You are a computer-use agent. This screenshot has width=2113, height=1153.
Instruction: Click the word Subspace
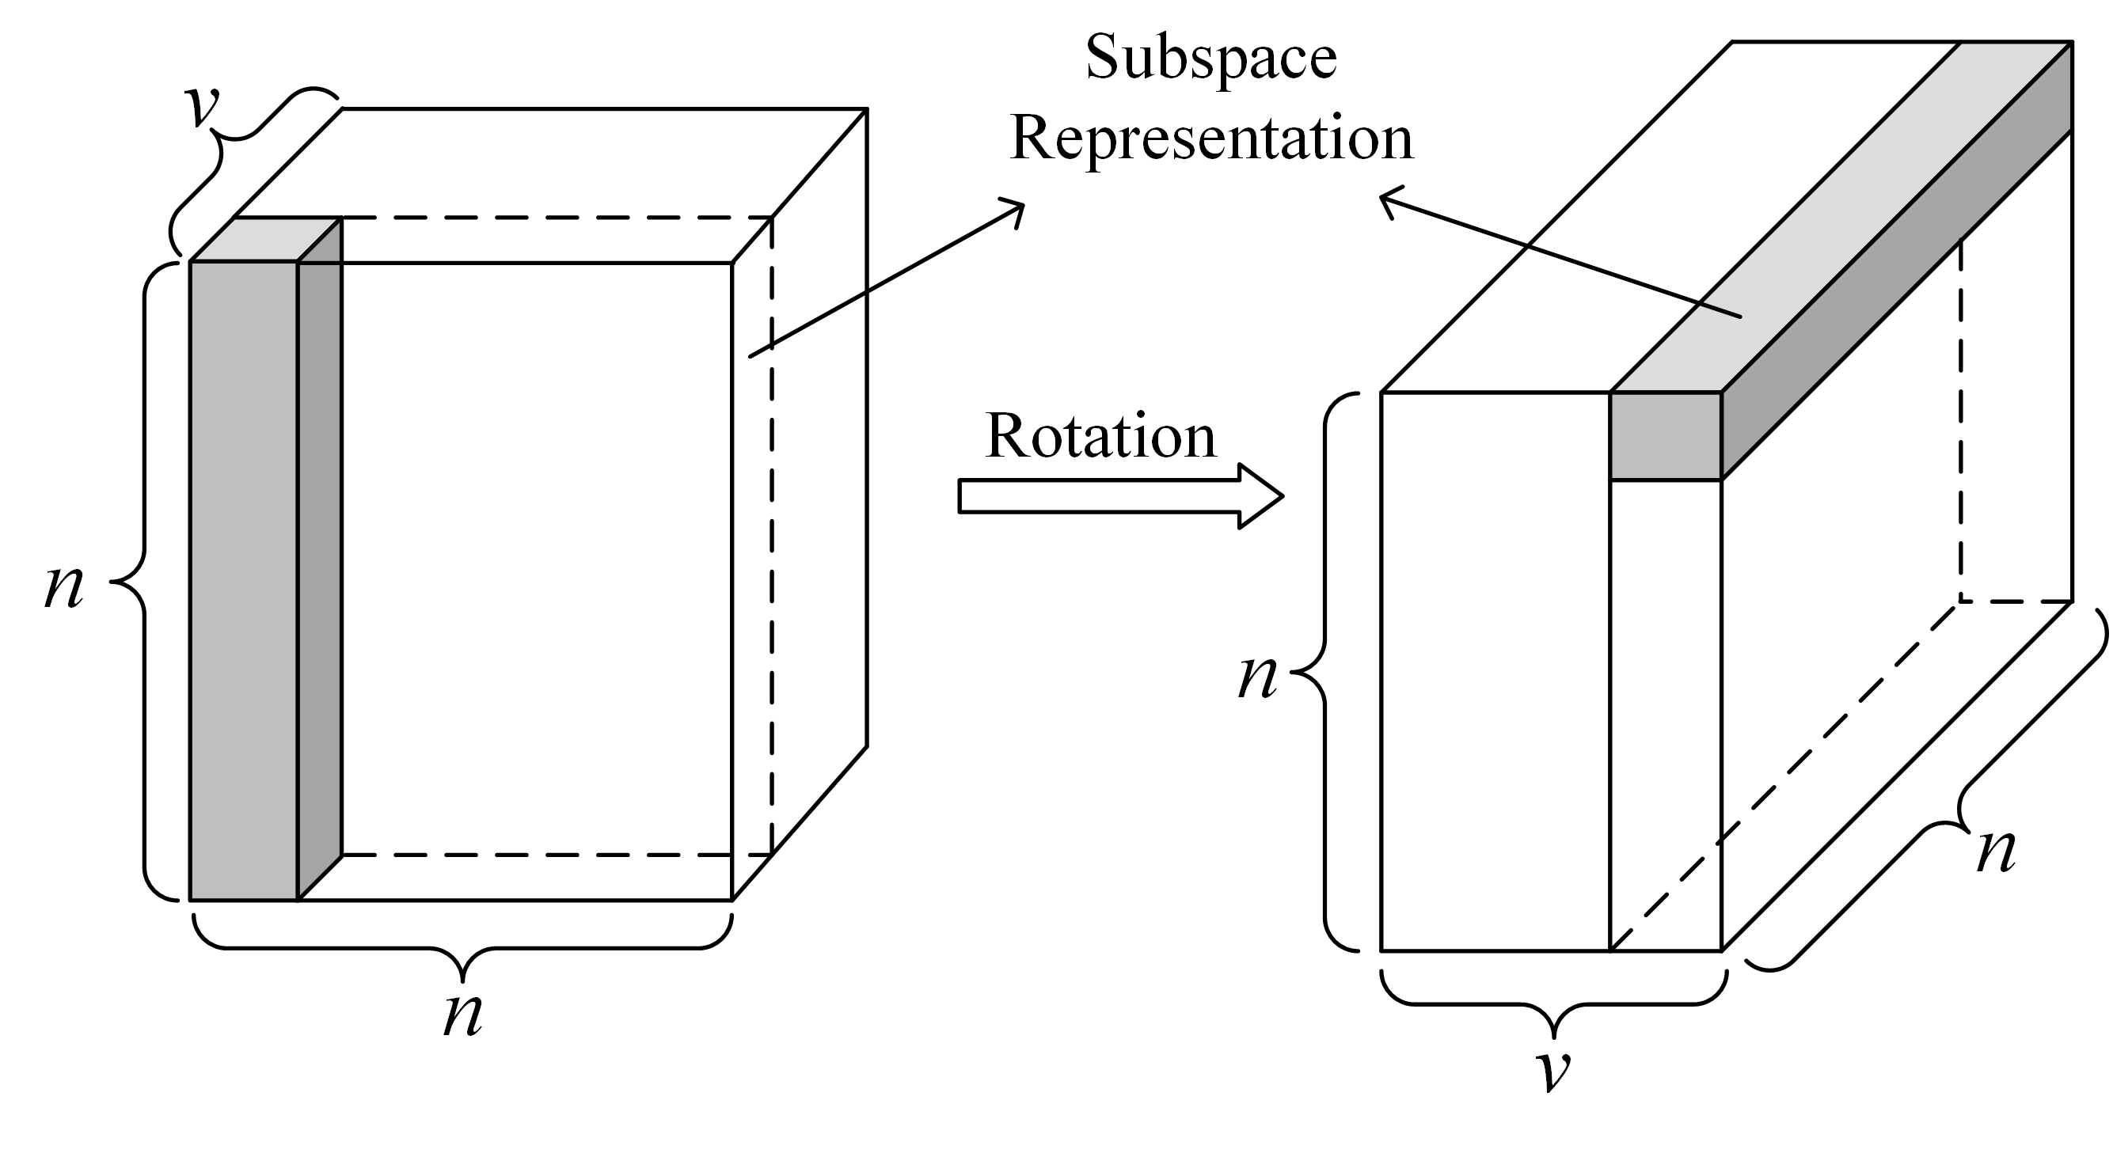(1210, 59)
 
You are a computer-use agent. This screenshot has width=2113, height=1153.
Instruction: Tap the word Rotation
(1100, 436)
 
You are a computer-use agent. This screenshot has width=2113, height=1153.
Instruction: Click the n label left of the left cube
(64, 586)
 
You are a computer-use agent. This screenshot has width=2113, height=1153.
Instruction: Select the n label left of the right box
(1257, 677)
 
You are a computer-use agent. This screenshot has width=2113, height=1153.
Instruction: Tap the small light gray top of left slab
(265, 240)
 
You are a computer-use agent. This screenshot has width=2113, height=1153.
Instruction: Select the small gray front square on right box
(1665, 436)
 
